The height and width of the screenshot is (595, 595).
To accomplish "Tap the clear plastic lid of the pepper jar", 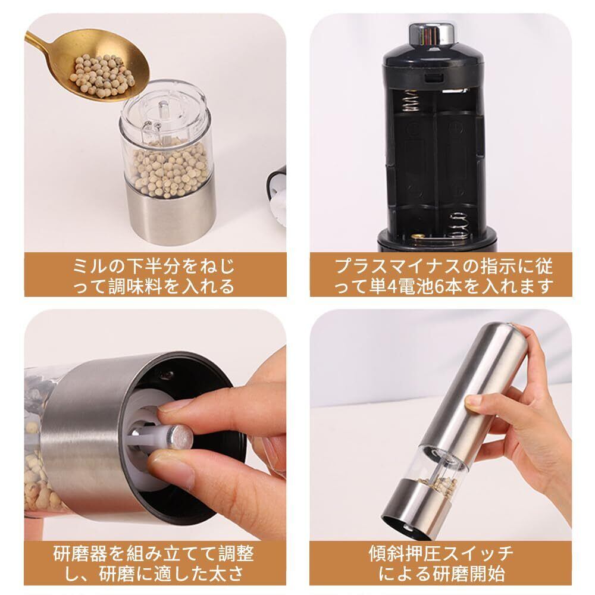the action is click(164, 110).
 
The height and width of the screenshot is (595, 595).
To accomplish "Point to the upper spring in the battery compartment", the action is click(411, 101).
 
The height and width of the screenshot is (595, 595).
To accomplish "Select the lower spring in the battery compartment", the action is click(459, 226).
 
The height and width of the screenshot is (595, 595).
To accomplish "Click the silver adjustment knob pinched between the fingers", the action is click(178, 436).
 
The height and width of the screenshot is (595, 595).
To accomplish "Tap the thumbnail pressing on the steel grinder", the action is click(473, 402).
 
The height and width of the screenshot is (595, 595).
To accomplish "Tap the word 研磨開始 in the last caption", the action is click(469, 574).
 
